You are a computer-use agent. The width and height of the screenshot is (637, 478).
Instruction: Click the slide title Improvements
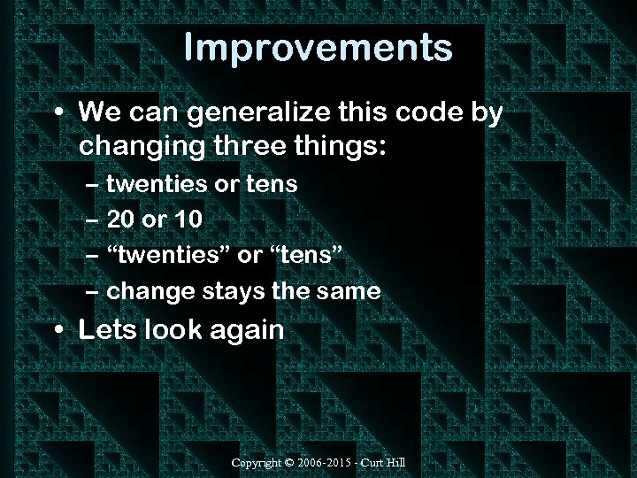(318, 48)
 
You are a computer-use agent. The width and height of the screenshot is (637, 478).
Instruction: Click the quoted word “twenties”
(167, 255)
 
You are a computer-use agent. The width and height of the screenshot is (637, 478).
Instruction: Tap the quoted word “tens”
(303, 255)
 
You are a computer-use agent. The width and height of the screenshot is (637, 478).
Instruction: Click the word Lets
(104, 331)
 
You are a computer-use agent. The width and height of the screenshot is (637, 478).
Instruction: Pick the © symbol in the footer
(291, 463)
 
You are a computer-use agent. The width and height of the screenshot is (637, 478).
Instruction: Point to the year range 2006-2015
(326, 463)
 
